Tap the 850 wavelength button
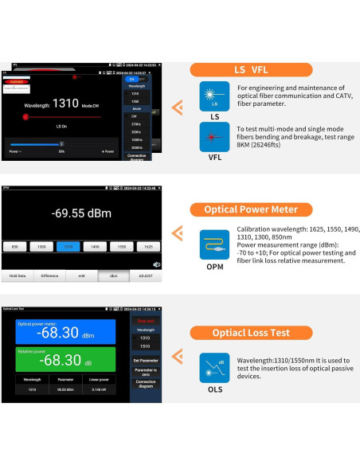click(14, 248)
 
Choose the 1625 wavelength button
click(148, 248)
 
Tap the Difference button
click(49, 275)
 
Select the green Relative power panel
click(65, 359)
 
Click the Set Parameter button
click(145, 360)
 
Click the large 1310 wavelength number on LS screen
click(65, 104)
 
